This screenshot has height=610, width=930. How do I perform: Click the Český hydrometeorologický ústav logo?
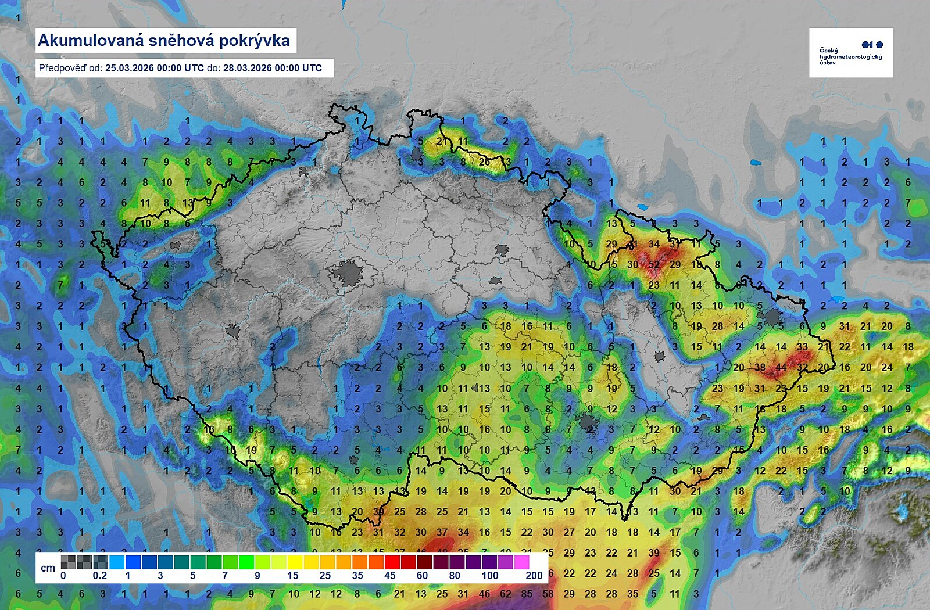click(851, 53)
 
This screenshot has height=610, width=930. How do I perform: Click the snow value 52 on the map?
click(654, 264)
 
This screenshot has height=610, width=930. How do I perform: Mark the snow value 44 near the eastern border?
click(781, 367)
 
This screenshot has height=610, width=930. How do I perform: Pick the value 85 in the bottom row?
click(527, 594)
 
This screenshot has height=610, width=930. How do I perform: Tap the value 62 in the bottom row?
click(506, 594)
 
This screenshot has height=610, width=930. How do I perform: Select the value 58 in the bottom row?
click(548, 594)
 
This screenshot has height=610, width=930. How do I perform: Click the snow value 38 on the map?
click(760, 367)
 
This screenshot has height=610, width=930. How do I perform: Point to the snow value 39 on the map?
click(654, 552)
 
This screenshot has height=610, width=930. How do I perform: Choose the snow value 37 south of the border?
click(442, 532)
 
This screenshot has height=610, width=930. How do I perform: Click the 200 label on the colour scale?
click(534, 576)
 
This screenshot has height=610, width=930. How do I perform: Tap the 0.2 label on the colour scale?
click(100, 576)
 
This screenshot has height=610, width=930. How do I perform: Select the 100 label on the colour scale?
click(489, 576)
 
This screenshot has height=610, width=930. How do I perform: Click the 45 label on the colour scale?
click(389, 576)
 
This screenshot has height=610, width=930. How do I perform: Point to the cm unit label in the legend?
click(48, 568)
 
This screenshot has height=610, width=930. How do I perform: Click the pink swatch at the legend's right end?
click(521, 562)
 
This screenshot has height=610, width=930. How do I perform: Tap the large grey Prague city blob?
click(349, 273)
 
